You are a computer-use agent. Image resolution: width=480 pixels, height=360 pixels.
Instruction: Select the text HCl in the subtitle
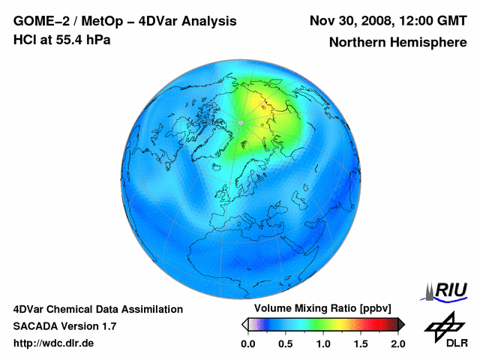click(x=25, y=40)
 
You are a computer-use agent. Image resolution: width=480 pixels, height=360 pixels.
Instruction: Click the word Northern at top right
click(x=358, y=42)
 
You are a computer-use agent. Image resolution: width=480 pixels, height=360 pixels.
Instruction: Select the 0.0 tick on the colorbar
click(x=247, y=343)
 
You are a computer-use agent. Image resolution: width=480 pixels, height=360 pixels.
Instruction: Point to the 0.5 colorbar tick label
click(x=285, y=343)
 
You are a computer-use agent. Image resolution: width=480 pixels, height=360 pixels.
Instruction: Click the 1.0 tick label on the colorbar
click(x=322, y=343)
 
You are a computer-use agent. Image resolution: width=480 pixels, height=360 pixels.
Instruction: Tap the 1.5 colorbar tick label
click(x=360, y=343)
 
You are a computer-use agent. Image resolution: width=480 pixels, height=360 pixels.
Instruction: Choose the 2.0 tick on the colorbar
click(x=397, y=343)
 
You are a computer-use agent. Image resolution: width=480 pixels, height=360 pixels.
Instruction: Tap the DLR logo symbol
click(x=443, y=324)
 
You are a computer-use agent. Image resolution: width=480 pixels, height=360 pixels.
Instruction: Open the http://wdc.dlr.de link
click(x=54, y=343)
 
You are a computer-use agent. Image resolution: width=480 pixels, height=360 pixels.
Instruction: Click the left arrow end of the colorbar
click(x=244, y=324)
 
